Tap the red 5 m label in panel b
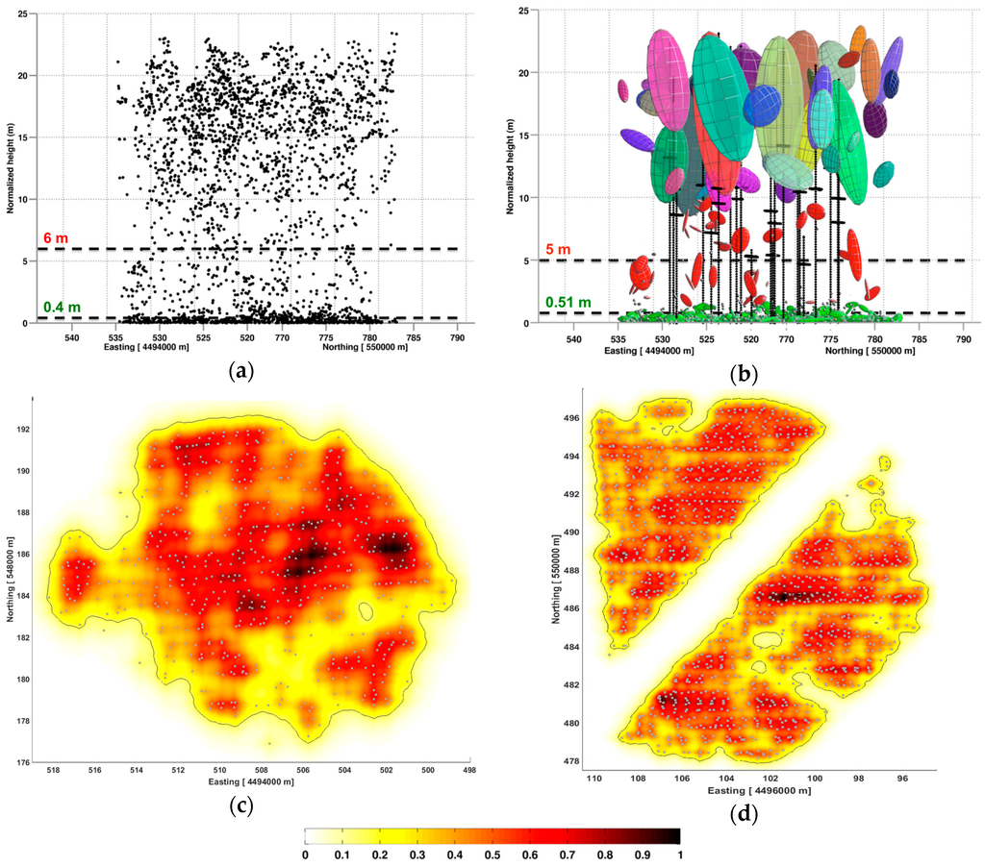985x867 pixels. (558, 250)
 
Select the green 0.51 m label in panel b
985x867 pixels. (567, 302)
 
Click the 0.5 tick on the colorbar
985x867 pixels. (492, 853)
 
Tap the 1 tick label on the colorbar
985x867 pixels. (680, 853)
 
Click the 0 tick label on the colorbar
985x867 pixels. (305, 853)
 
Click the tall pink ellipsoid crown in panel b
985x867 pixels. (664, 82)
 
